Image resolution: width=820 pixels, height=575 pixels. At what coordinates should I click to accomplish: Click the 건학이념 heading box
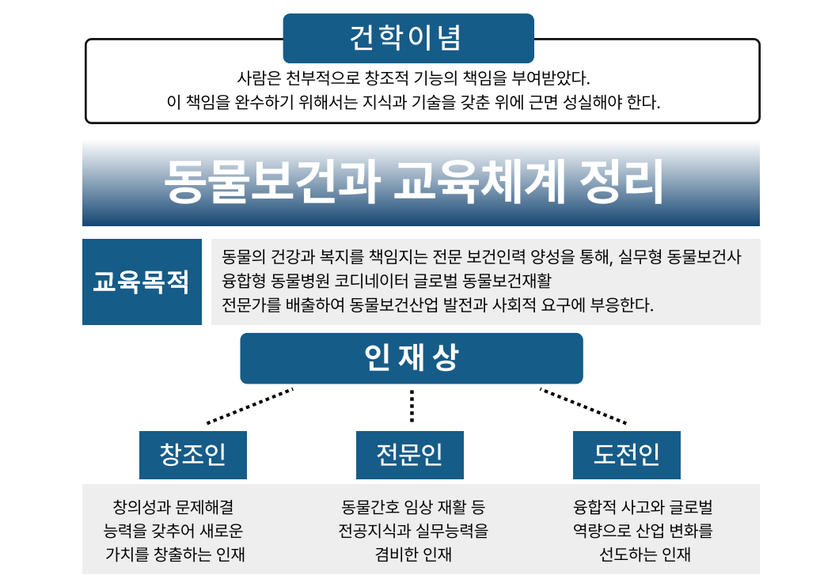[x=408, y=37]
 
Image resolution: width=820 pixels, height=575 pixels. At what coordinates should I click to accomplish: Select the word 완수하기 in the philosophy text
[x=258, y=103]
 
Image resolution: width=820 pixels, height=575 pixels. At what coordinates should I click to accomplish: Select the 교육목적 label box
[x=142, y=282]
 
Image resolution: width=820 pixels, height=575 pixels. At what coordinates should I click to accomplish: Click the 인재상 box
[x=411, y=358]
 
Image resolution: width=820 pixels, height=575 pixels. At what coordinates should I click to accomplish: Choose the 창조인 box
[x=192, y=455]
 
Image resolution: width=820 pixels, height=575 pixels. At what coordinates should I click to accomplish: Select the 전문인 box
[x=409, y=455]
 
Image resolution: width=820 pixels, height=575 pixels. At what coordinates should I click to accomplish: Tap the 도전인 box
[x=626, y=455]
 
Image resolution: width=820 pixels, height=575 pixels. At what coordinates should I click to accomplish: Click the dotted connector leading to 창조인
[x=249, y=406]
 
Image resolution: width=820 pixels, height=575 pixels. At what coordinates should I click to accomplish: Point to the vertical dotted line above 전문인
[x=412, y=406]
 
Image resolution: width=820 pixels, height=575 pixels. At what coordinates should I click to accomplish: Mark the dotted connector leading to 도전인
[x=583, y=406]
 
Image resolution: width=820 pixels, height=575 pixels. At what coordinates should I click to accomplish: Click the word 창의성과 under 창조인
[x=139, y=507]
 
